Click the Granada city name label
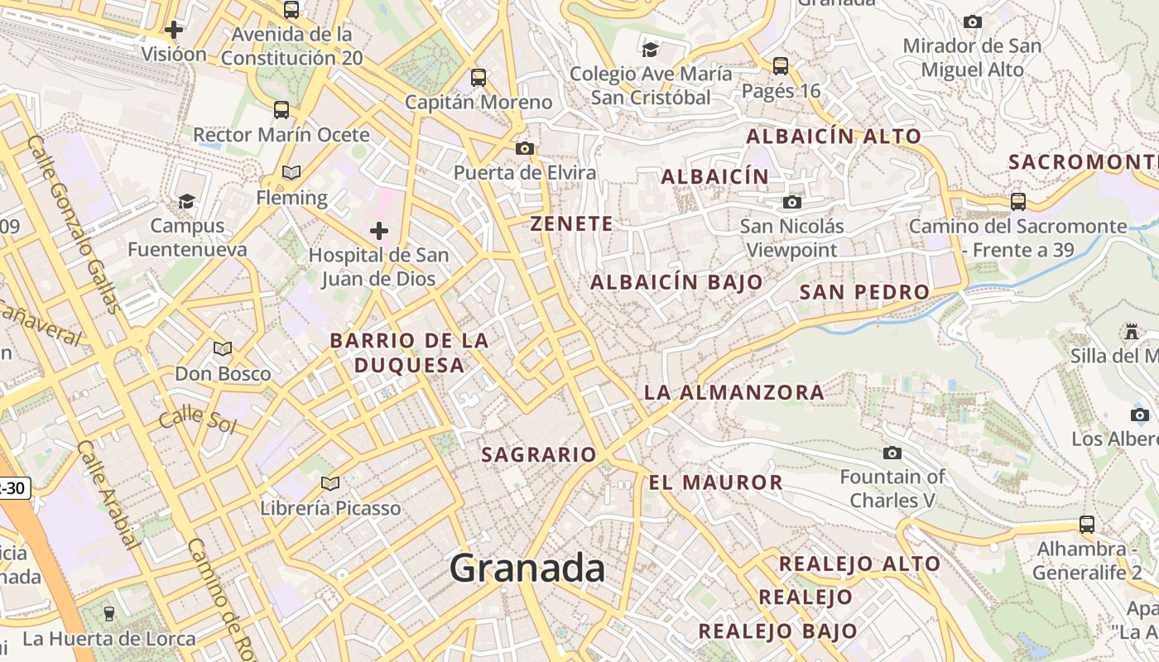click(x=527, y=569)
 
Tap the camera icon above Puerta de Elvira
click(x=524, y=148)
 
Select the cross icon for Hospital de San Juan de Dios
click(x=379, y=230)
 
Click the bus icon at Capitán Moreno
click(x=479, y=78)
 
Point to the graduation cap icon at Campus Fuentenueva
click(x=187, y=201)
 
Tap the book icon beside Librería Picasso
click(x=330, y=483)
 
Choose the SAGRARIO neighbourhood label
click(x=539, y=454)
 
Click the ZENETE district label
click(x=572, y=223)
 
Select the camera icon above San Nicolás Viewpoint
click(x=792, y=202)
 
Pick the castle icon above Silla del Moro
click(x=1131, y=331)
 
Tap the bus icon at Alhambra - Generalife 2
click(x=1087, y=524)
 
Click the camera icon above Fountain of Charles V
click(x=892, y=453)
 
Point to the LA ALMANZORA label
click(x=734, y=392)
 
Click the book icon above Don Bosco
click(x=223, y=349)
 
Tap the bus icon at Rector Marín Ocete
click(x=281, y=109)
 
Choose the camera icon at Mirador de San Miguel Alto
click(x=973, y=22)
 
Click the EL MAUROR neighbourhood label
click(x=716, y=482)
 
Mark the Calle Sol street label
click(x=198, y=420)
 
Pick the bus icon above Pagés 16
click(x=781, y=65)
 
